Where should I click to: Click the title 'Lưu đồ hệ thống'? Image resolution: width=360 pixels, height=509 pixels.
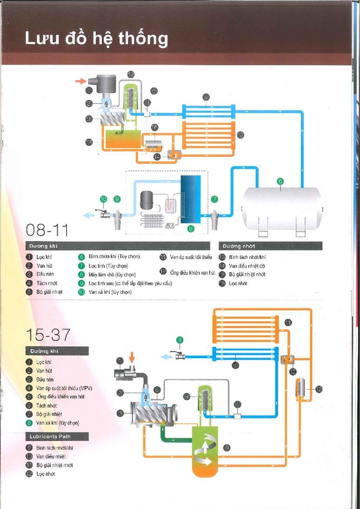coord(96,39)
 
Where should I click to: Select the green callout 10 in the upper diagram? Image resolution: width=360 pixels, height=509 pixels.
coord(103,199)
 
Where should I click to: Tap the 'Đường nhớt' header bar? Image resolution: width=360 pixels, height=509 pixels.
coord(271,246)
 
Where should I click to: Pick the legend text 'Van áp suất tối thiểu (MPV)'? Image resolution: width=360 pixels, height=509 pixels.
coord(64,388)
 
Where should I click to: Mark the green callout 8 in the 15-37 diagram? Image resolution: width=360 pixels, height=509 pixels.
coord(179,339)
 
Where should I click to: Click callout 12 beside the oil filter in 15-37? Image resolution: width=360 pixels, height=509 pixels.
coord(318,389)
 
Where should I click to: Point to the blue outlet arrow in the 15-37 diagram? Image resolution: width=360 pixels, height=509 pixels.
coord(166,356)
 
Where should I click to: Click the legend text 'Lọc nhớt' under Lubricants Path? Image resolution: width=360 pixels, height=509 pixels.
coord(46,474)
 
